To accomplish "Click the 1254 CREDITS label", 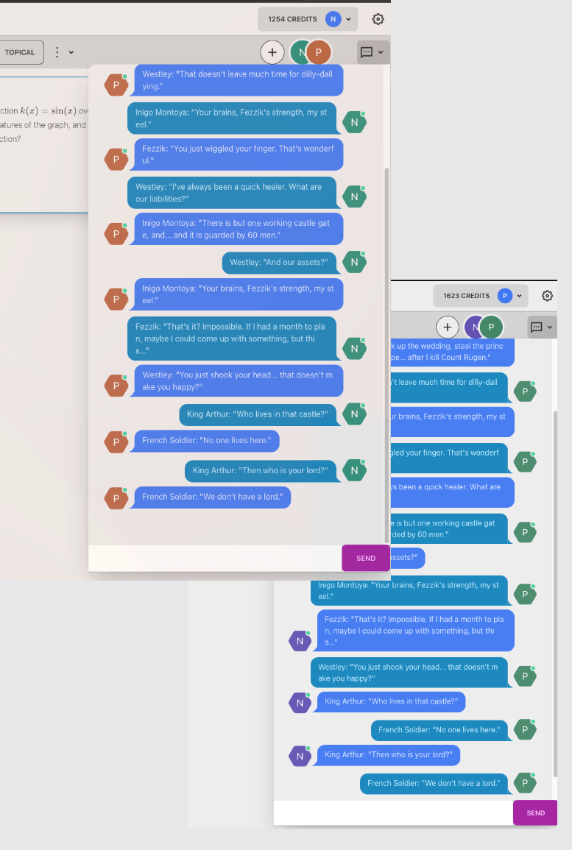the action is point(292,19).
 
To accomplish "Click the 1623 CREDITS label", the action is point(466,296).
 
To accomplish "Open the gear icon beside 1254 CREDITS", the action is point(378,19).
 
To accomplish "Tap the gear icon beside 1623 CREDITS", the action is point(547,296).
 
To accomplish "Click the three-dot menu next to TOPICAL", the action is point(56,52).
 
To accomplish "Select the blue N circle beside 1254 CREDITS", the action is point(333,19).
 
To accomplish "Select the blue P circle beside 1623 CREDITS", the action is point(504,296).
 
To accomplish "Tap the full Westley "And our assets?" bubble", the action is point(279,262).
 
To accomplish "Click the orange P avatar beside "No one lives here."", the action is point(116,442).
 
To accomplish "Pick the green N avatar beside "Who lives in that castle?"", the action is point(354,414).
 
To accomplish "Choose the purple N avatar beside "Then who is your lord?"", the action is point(300,755).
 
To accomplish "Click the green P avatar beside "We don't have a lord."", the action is point(524,783).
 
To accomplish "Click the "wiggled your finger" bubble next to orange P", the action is point(239,154).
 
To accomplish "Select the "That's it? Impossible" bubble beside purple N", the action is point(415,631).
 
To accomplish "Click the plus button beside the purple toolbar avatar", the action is point(448,327).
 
